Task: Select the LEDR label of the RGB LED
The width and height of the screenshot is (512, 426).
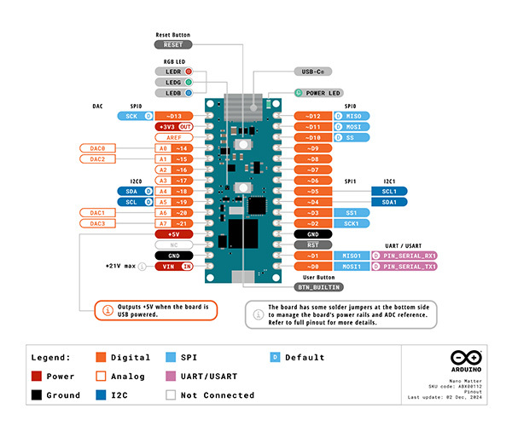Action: pyautogui.click(x=174, y=72)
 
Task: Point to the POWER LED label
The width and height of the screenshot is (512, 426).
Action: pyautogui.click(x=319, y=92)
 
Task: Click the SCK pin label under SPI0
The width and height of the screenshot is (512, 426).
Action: pyautogui.click(x=131, y=115)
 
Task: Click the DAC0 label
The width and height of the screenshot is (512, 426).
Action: pyautogui.click(x=97, y=147)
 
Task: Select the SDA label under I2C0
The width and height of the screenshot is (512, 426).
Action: pyautogui.click(x=131, y=191)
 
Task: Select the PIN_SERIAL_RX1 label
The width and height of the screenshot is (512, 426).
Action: pyautogui.click(x=405, y=255)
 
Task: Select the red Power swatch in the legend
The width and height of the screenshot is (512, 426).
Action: pyautogui.click(x=37, y=376)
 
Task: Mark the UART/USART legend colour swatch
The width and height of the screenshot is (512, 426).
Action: pyautogui.click(x=171, y=376)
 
